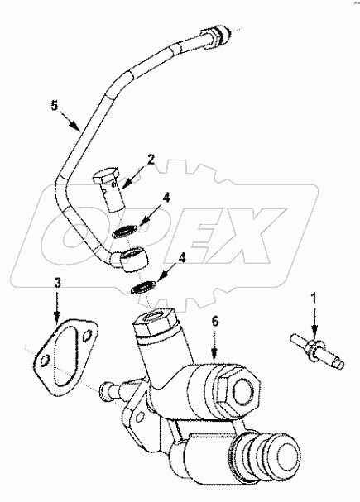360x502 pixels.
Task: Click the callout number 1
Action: [313, 295]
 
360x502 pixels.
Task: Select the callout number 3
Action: [56, 284]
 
